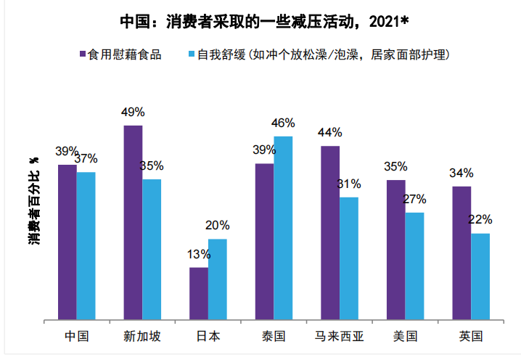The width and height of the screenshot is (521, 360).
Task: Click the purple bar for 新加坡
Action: point(133,222)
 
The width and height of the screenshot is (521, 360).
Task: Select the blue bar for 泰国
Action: point(282,227)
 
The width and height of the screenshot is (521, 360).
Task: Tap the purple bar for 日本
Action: point(199,293)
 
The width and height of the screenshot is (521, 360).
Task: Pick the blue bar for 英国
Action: point(480,276)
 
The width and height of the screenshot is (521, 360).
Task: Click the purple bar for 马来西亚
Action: point(330,232)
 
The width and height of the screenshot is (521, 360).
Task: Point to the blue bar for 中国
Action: point(86,245)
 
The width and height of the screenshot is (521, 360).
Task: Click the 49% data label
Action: point(133,112)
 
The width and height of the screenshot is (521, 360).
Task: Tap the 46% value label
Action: point(282,123)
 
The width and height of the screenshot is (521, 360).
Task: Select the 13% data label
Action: point(198,254)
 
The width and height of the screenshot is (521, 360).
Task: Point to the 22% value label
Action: point(480,219)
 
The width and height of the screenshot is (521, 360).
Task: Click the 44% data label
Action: point(330,132)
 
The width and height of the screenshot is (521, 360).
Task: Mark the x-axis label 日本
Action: point(208,336)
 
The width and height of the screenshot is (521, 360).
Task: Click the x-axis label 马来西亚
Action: point(340,336)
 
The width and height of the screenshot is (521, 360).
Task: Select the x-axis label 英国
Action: point(470,336)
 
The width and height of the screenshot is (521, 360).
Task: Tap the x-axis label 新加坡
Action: point(142,336)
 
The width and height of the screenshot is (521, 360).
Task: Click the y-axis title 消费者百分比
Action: point(33,200)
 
